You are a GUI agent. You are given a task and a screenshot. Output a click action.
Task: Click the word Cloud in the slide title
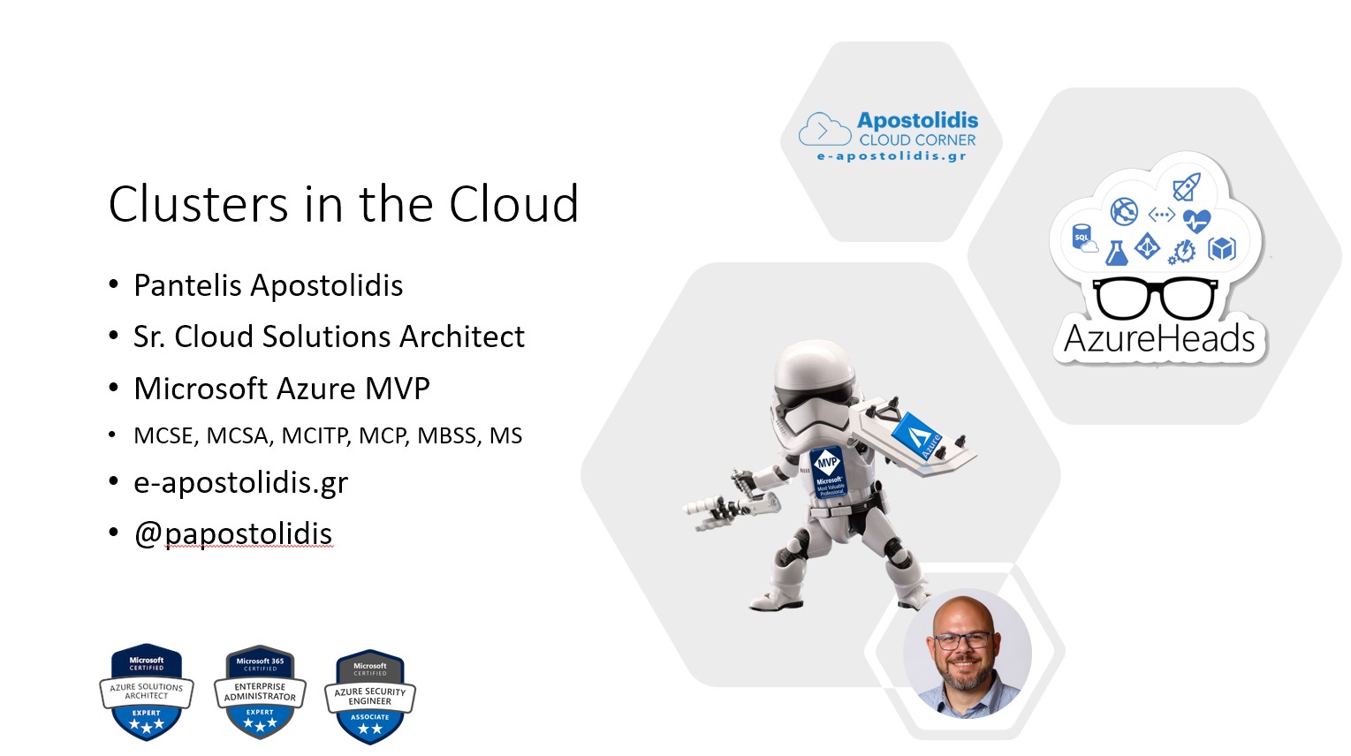[513, 205]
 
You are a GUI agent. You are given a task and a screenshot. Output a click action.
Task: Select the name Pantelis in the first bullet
[187, 285]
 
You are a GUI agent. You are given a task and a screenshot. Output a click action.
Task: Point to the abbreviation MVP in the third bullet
[397, 389]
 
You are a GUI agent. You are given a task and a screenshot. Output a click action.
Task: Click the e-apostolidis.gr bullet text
[240, 482]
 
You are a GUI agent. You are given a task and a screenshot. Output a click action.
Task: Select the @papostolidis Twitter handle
[233, 533]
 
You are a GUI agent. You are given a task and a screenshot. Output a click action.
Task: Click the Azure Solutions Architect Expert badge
[147, 692]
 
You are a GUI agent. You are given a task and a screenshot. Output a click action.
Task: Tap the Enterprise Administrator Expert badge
[260, 692]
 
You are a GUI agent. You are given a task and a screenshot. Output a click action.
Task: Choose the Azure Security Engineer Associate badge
[370, 697]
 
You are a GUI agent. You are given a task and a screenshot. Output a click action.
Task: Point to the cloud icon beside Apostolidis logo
[823, 131]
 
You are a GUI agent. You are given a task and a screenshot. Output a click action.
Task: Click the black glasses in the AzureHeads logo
[1155, 299]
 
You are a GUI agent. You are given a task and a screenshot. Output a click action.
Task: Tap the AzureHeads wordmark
[1159, 339]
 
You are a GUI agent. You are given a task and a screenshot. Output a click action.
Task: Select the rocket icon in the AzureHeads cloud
[1186, 186]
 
